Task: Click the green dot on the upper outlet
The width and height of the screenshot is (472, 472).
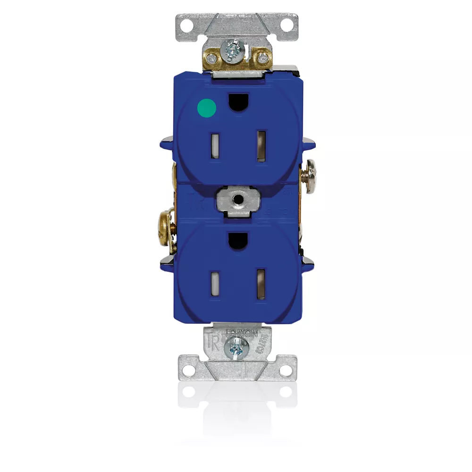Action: tap(206, 108)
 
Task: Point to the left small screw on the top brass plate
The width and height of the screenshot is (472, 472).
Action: tap(213, 58)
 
